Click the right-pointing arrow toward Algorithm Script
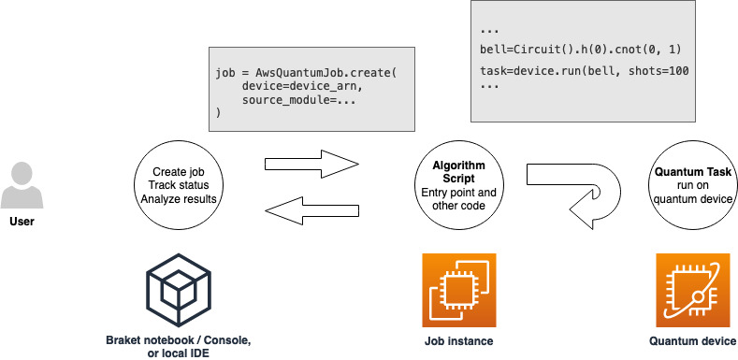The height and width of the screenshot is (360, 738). [312, 165]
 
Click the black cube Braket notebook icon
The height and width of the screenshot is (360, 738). [177, 290]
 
